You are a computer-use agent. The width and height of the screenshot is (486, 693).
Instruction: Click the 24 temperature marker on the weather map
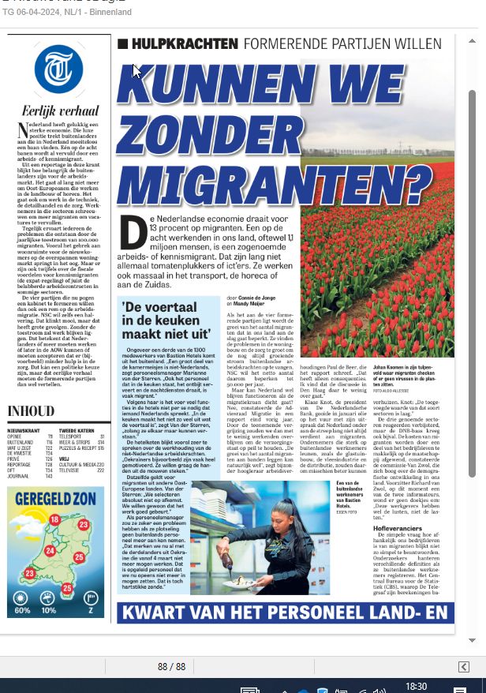49,550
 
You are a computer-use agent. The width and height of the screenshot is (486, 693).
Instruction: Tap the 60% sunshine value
22,610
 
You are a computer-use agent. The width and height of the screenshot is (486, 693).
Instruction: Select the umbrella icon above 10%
49,597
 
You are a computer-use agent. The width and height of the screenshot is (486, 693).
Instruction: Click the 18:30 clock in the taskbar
417,687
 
